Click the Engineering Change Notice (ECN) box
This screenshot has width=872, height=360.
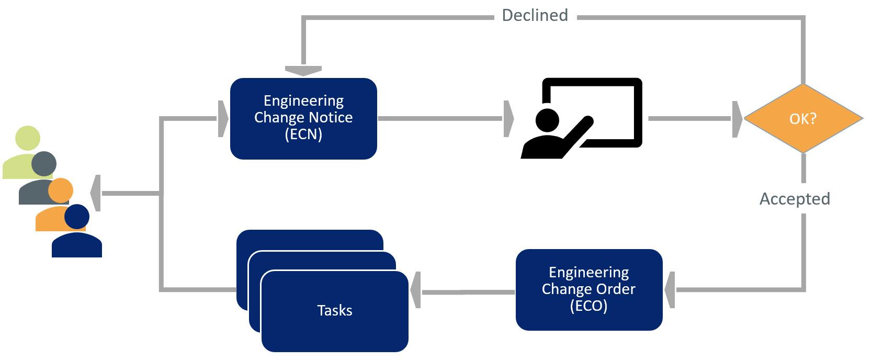303,118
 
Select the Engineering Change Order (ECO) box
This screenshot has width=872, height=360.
588,289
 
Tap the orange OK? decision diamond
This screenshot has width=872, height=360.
803,119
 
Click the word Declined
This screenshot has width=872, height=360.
535,15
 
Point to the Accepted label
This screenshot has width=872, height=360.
795,199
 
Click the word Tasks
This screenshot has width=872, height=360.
335,310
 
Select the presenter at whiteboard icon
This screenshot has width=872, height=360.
581,118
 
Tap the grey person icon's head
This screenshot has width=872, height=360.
44,163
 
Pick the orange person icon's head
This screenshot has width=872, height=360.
61,190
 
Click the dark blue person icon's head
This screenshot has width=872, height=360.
77,217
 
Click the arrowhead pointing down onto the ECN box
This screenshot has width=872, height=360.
303,70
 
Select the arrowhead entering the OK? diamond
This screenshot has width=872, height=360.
738,119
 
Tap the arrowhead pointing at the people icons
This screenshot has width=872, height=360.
96,194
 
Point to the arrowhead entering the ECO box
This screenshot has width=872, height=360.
670,289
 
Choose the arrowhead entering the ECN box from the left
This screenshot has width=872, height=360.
223,119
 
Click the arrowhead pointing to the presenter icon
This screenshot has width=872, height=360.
508,119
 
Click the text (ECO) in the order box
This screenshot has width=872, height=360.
588,306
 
